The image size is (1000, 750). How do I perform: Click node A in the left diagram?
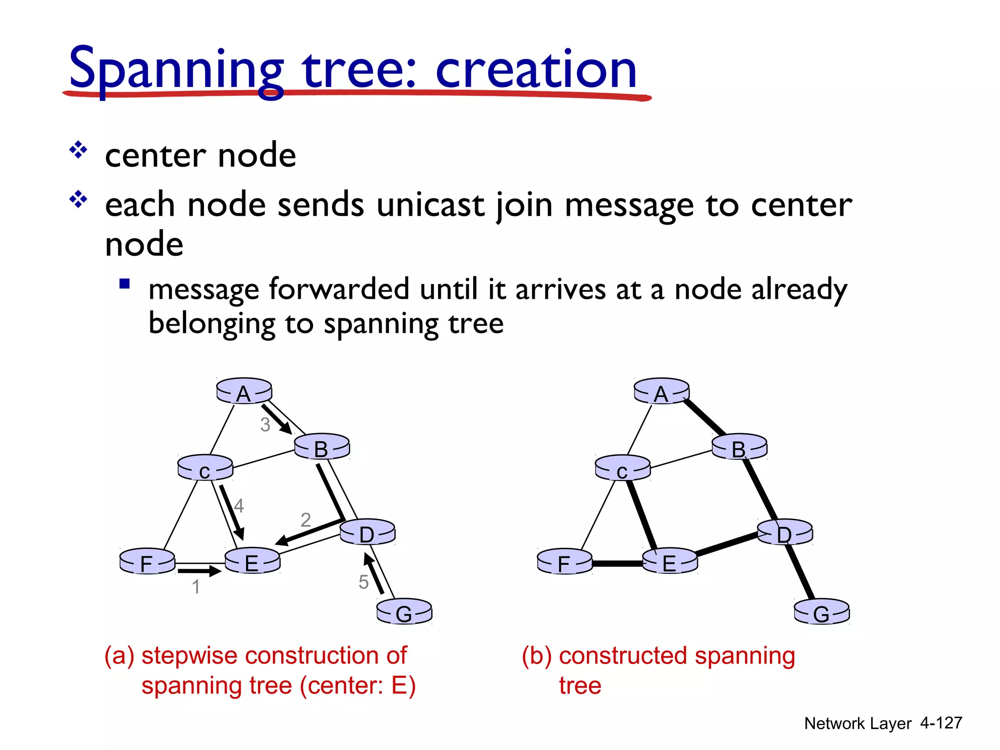244,391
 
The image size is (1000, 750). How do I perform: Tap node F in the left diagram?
147,562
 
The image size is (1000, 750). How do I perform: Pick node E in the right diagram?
670,562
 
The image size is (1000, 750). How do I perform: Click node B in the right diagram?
739,447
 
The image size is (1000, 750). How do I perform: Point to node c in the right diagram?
623,469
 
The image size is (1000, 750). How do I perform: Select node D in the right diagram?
785,532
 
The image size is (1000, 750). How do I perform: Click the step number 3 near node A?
265,425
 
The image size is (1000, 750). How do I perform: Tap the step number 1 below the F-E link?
196,586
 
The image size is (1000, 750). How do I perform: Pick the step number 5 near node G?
363,582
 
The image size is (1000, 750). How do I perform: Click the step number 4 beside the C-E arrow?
239,505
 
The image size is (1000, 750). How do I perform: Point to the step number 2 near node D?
306,520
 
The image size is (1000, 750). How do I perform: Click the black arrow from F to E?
199,570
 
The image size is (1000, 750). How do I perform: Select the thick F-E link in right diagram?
617,563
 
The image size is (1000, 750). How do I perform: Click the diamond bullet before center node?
78,150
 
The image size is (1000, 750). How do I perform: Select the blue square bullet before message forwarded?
125,284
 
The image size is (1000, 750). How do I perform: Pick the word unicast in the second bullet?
430,205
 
